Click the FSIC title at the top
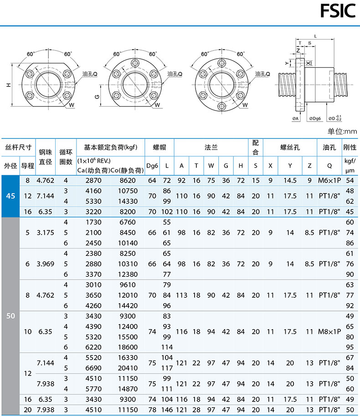pyautogui.click(x=338, y=11)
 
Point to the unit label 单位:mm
pyautogui.click(x=342, y=131)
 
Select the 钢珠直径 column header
pyautogui.click(x=45, y=157)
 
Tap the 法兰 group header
pyautogui.click(x=211, y=147)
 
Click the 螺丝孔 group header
pyautogui.click(x=290, y=147)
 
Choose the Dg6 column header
pyautogui.click(x=152, y=166)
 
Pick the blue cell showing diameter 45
pyautogui.click(x=10, y=196)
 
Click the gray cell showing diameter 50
pyautogui.click(x=10, y=316)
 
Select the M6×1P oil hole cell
pyautogui.click(x=329, y=181)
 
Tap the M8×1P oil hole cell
pyautogui.click(x=329, y=331)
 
